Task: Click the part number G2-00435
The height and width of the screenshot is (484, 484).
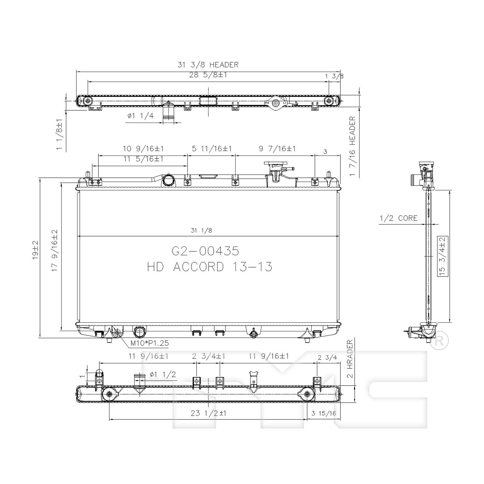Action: click(205, 251)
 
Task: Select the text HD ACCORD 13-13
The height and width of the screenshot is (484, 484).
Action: click(210, 267)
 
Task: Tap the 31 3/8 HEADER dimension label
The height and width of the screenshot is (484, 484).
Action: click(208, 65)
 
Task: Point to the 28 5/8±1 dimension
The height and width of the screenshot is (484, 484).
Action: click(208, 75)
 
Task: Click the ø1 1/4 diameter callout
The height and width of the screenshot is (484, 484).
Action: click(140, 116)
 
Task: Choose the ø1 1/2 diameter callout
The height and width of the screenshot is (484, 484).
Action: click(163, 374)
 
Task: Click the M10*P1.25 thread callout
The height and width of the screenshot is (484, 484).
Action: click(149, 343)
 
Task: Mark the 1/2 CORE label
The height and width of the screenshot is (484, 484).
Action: click(398, 218)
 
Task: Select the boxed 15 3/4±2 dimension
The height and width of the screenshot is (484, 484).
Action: click(442, 256)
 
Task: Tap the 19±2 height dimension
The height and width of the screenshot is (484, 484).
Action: click(35, 250)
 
